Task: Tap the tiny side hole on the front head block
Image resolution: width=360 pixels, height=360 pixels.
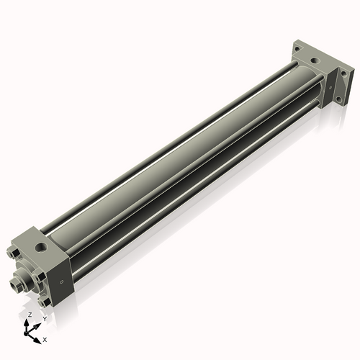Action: pyautogui.click(x=62, y=280)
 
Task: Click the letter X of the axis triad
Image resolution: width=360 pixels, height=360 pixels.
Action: pyautogui.click(x=45, y=338)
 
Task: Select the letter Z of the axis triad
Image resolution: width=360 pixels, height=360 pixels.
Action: pyautogui.click(x=29, y=315)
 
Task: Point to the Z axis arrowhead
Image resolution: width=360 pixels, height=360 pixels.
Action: pyautogui.click(x=28, y=322)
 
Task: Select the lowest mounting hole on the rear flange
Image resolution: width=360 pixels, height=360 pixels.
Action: pyautogui.click(x=333, y=104)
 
